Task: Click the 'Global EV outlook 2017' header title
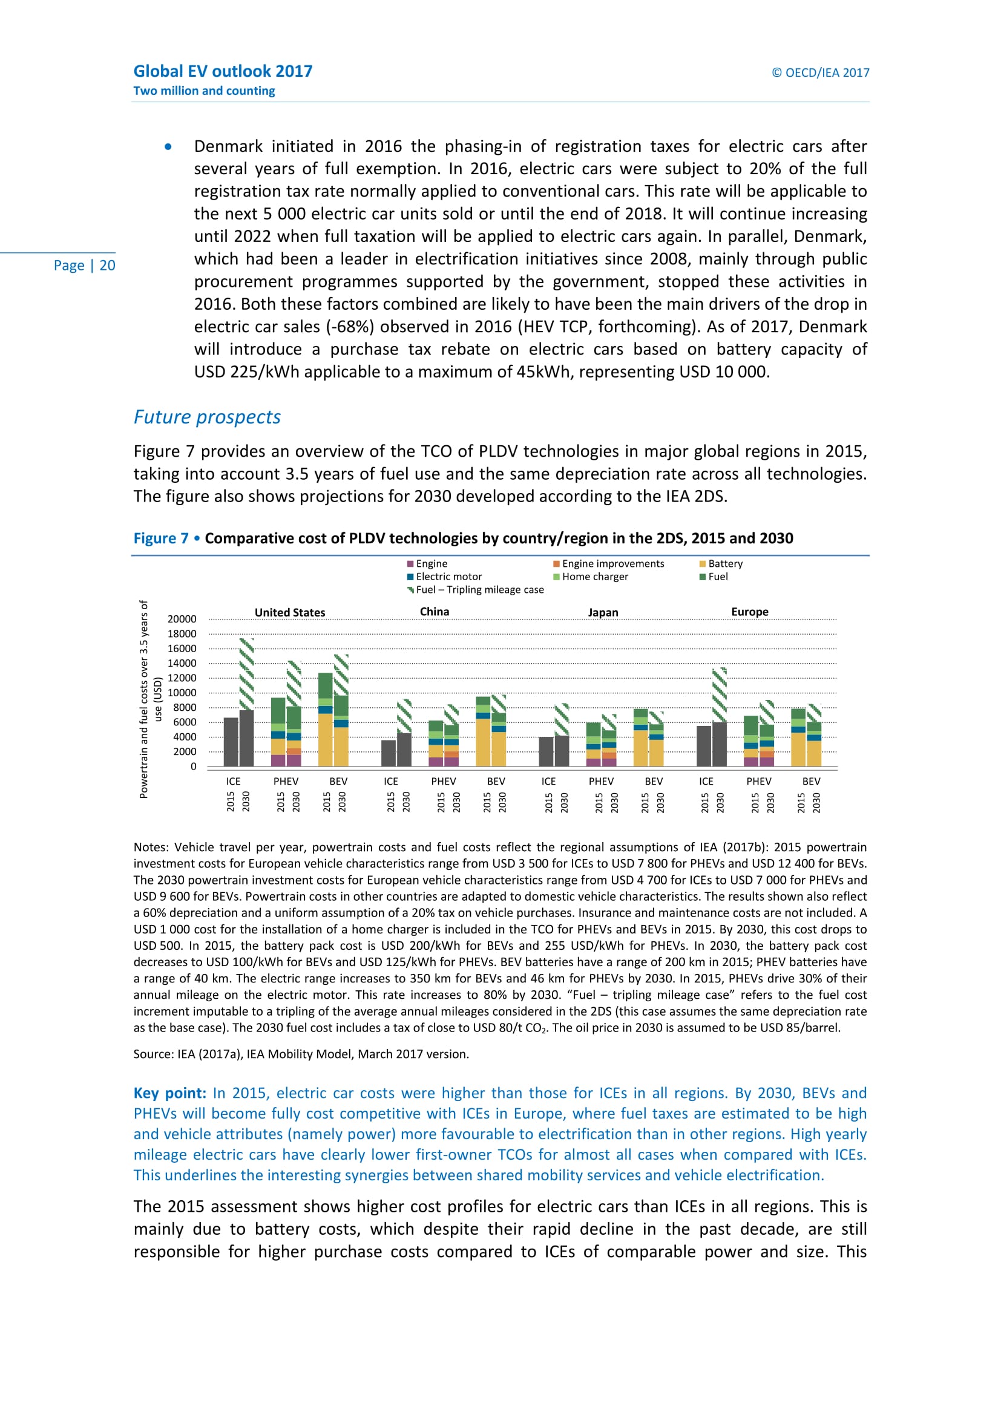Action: [223, 71]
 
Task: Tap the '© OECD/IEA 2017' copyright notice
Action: [820, 73]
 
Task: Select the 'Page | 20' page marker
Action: [85, 266]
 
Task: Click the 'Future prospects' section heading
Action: [207, 417]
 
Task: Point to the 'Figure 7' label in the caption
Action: [161, 538]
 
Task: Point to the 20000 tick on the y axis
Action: [182, 619]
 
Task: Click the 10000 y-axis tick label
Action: [182, 693]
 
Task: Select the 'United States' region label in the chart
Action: [290, 613]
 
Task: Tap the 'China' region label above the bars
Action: [435, 612]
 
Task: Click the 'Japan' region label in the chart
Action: [603, 613]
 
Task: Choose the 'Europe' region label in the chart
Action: [749, 612]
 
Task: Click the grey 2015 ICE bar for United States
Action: [231, 742]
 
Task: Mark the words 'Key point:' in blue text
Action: [169, 1093]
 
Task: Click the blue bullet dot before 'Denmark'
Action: [168, 146]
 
